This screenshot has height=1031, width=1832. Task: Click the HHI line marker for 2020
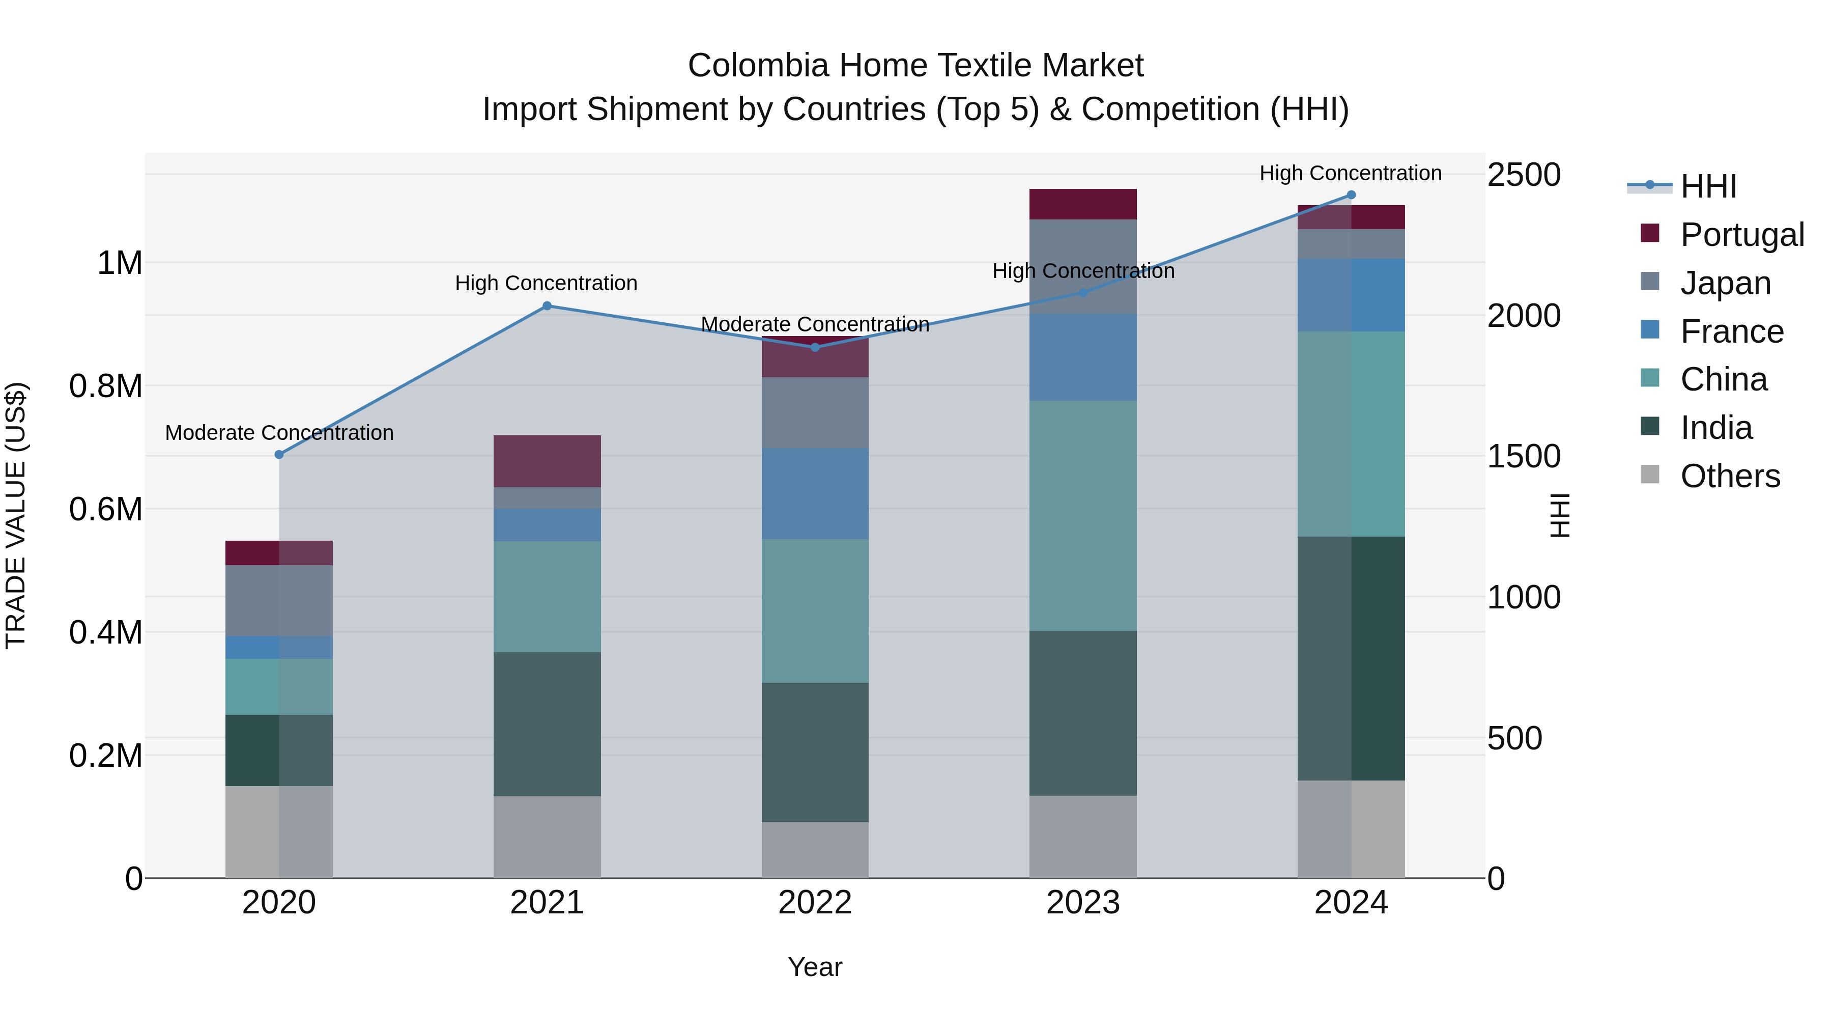pos(279,455)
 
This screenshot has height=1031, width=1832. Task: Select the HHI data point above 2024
pos(1351,195)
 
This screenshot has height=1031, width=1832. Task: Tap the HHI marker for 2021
pos(547,306)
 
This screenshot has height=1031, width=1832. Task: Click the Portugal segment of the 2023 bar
pos(1082,204)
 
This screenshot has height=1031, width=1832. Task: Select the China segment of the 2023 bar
pos(1082,515)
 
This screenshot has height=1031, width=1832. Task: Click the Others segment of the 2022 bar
pos(815,850)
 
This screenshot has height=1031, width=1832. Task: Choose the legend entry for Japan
pos(1725,283)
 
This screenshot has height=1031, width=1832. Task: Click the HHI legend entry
pos(1707,186)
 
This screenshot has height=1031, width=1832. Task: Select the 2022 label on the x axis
pos(815,903)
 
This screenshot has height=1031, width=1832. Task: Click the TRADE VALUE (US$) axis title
pos(16,515)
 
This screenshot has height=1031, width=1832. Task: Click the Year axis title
pos(815,967)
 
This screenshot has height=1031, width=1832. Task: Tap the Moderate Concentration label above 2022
pos(815,324)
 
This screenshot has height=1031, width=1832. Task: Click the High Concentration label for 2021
pos(546,283)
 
